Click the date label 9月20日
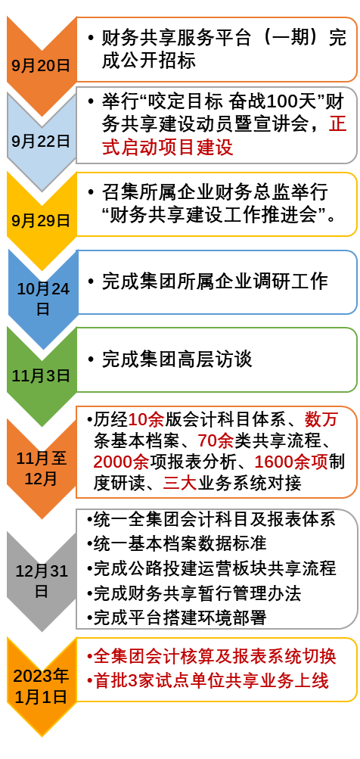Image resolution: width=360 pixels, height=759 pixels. (x=41, y=65)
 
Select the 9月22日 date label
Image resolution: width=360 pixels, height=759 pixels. (x=41, y=141)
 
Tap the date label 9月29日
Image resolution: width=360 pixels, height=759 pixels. (x=41, y=221)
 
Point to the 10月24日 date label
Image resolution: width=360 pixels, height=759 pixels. (x=42, y=298)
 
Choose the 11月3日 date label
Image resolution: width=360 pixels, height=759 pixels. (x=41, y=375)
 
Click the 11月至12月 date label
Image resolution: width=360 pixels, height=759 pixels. (x=41, y=468)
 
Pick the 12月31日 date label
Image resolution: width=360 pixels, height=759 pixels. (x=42, y=580)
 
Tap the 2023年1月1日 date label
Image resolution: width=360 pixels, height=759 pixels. (x=41, y=686)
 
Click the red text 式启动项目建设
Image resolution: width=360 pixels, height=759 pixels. (x=167, y=148)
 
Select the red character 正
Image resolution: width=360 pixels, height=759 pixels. (x=337, y=124)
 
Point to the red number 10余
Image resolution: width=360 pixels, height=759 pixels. (x=145, y=420)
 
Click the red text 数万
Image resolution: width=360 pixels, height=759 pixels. (x=321, y=420)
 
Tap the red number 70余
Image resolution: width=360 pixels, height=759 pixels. (x=215, y=441)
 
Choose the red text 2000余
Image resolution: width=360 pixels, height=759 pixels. (x=121, y=462)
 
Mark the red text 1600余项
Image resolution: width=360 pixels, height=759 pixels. (x=290, y=462)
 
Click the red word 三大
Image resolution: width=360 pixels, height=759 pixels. (x=179, y=483)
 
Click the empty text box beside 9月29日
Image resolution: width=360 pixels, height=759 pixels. (x=216, y=204)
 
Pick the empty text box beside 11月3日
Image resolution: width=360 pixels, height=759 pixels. (x=216, y=359)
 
